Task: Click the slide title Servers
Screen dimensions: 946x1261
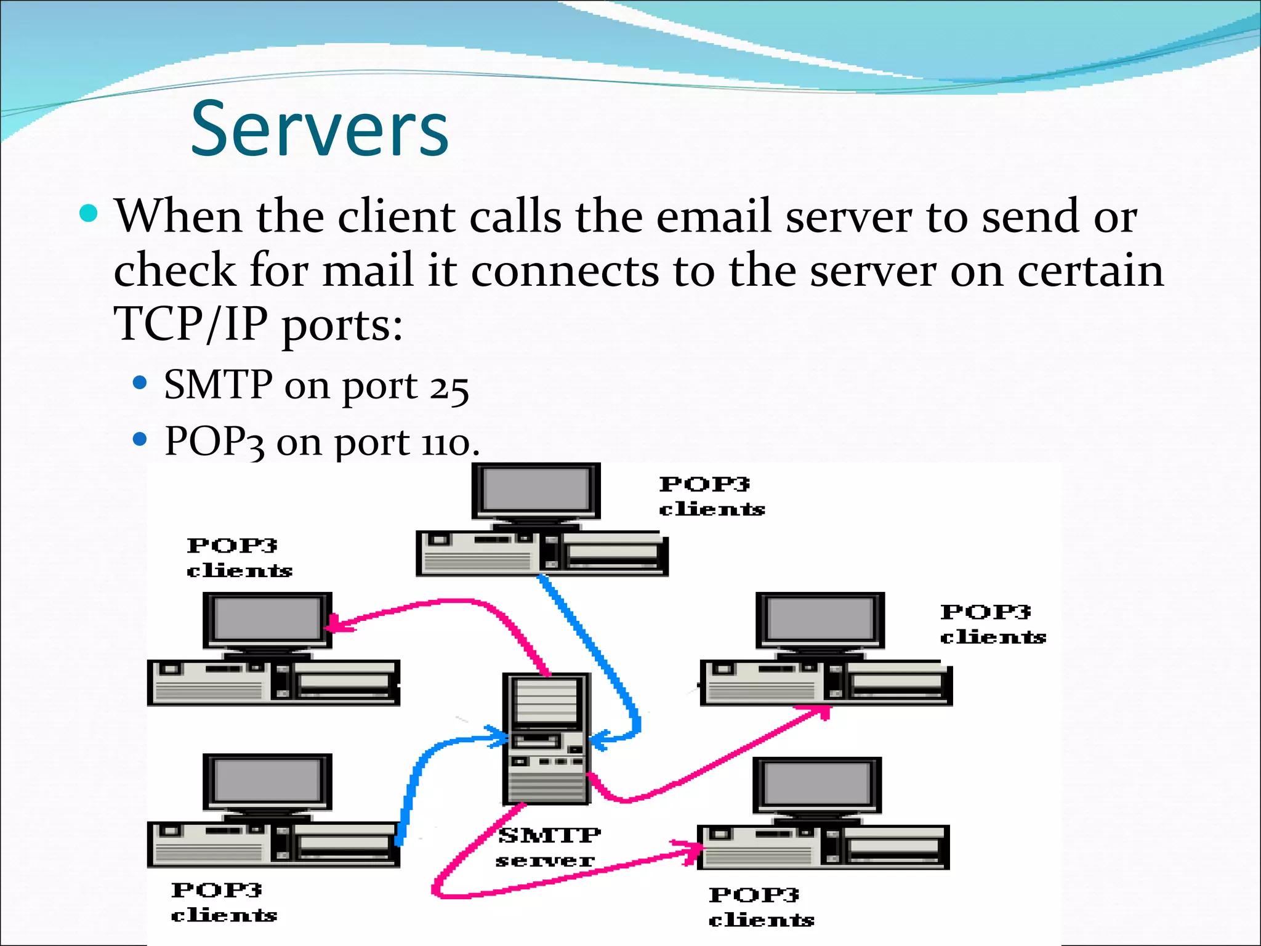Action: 320,129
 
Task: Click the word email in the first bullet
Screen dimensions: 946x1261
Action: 714,217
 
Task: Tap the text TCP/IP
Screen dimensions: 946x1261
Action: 190,324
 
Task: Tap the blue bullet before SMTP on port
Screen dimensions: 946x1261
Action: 140,383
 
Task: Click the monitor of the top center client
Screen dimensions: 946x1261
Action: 536,491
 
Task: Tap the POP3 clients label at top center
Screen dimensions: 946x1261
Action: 711,496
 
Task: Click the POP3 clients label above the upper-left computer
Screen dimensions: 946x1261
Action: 239,558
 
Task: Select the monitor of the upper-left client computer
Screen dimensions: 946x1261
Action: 267,620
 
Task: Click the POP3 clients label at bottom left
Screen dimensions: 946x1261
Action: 224,902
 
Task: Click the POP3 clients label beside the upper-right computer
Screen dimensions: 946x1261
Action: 993,624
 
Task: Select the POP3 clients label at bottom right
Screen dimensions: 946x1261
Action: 761,907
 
